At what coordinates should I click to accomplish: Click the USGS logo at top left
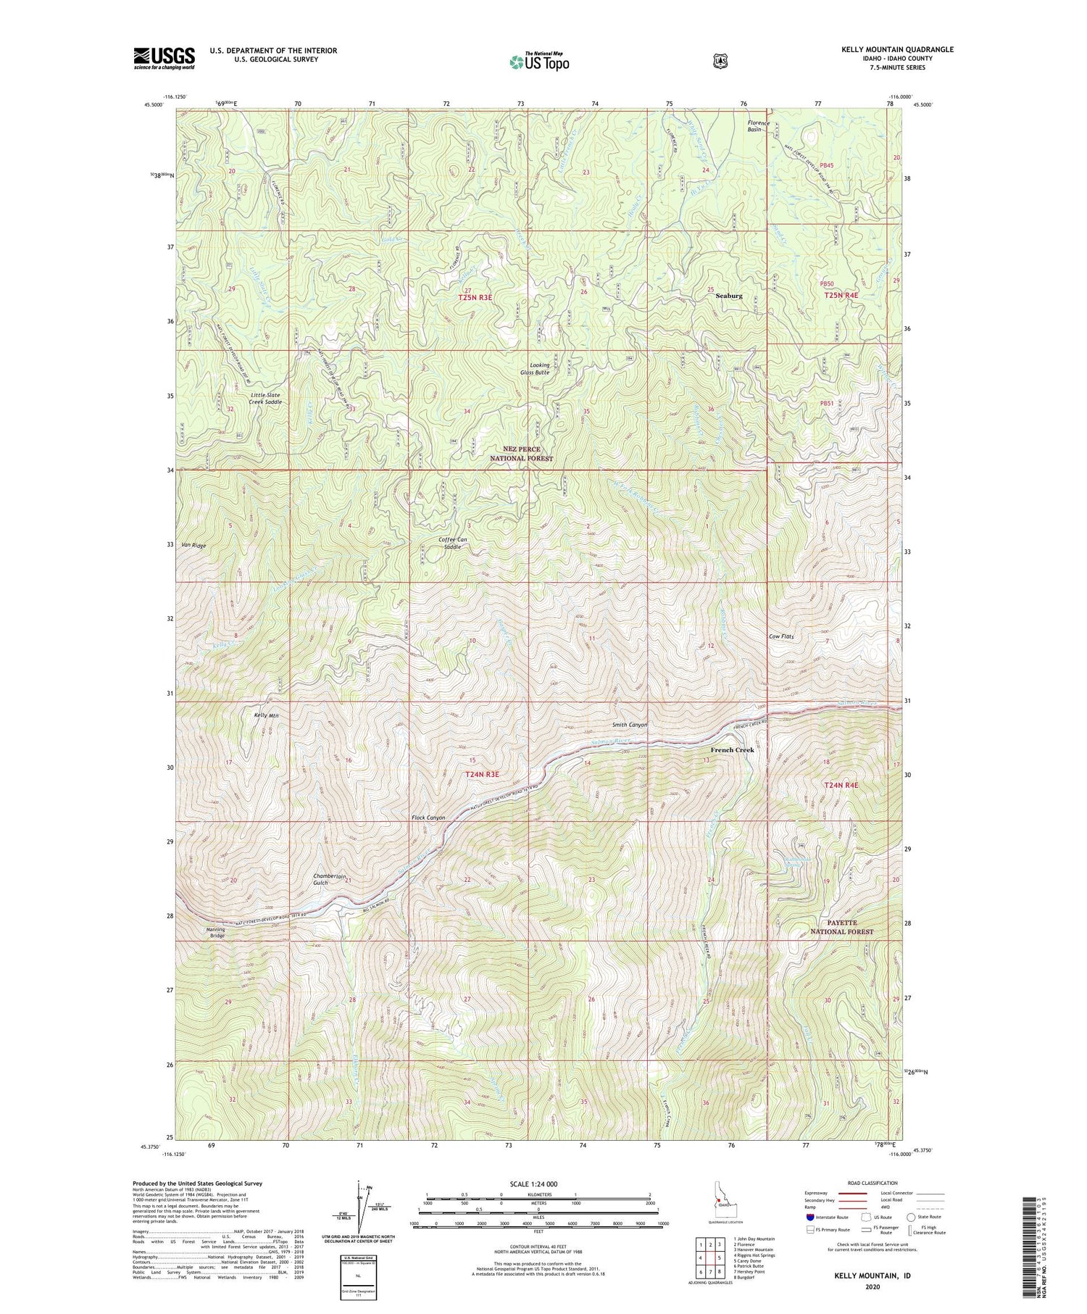[x=164, y=58]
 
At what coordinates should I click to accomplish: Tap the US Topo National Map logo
[x=539, y=62]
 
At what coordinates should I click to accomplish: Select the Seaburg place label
[x=729, y=296]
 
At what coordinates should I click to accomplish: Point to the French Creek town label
[x=732, y=750]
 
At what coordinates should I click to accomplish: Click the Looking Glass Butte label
[x=540, y=369]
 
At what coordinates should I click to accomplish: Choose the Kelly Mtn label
[x=266, y=715]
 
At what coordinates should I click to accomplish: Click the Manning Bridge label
[x=216, y=932]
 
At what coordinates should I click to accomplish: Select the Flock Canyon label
[x=428, y=818]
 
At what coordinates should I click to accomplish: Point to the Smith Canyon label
[x=629, y=725]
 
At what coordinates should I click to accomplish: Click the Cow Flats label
[x=781, y=636]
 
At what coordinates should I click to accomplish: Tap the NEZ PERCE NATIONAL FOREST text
[x=521, y=454]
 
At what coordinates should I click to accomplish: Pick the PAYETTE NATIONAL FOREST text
[x=841, y=927]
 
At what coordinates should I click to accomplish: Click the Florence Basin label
[x=759, y=126]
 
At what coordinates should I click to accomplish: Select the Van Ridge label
[x=194, y=545]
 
